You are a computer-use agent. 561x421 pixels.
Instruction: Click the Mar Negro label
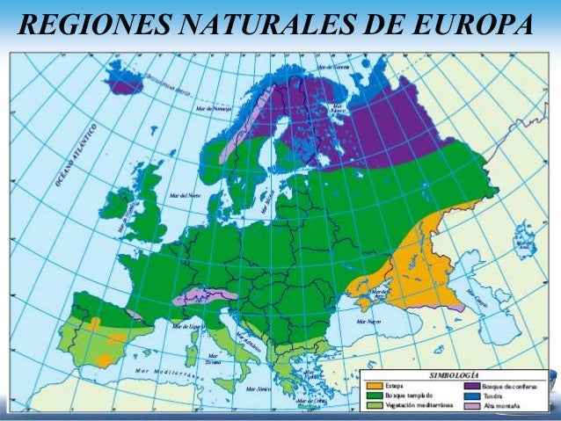[x=368, y=323]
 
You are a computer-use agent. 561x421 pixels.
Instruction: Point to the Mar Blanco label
[x=338, y=111]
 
